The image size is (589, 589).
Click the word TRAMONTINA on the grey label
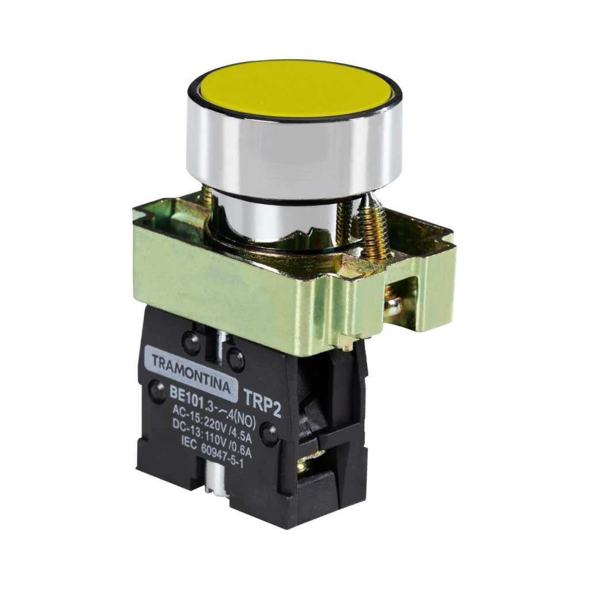[x=191, y=373]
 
